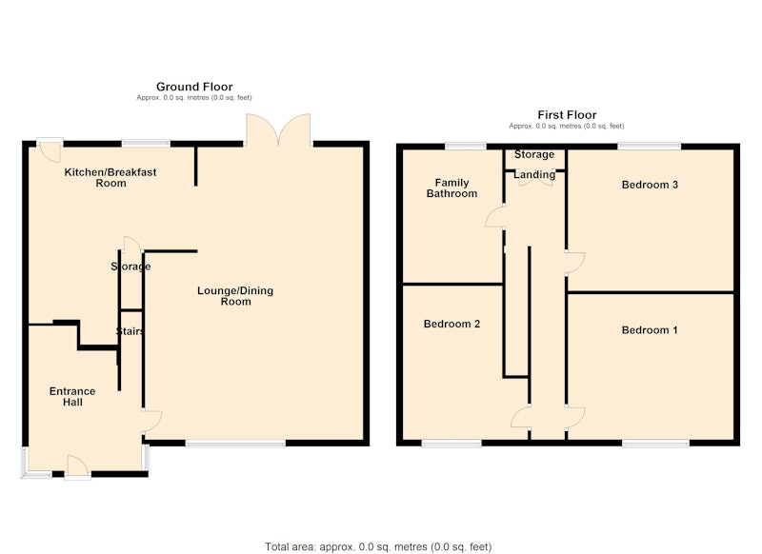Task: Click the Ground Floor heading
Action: tap(194, 87)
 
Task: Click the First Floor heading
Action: tap(567, 115)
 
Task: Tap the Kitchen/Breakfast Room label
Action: tap(110, 177)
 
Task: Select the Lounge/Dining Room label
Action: tap(235, 296)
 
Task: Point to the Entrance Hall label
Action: tap(72, 397)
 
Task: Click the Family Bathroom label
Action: tap(451, 188)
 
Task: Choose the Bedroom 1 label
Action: tap(650, 330)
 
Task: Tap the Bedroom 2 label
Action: tap(451, 324)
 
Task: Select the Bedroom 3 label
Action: tap(650, 185)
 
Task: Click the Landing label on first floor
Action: tap(534, 174)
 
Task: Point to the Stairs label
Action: tap(130, 331)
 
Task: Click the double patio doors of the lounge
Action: tap(278, 130)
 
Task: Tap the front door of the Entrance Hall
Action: tap(78, 467)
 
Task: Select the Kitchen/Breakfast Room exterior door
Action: tap(50, 149)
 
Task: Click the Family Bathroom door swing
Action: tap(494, 217)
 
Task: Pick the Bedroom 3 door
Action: tap(575, 263)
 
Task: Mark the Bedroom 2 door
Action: tap(520, 417)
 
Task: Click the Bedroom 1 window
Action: tap(655, 443)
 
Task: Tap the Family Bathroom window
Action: tap(466, 146)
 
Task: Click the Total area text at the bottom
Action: tap(378, 547)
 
